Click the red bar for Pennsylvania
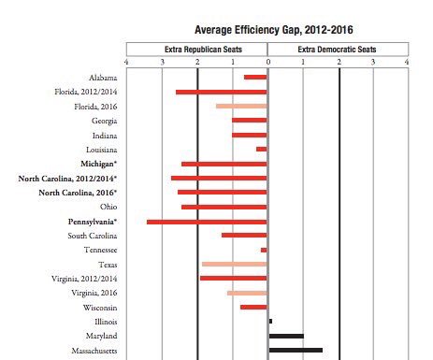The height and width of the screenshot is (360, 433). point(207,222)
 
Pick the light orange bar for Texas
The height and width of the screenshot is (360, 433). point(234,265)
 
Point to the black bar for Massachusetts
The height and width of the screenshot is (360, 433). point(296,350)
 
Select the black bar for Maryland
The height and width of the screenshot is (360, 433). point(286,336)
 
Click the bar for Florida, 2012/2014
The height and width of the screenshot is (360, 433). point(221,92)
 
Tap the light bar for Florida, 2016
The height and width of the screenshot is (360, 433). point(241,107)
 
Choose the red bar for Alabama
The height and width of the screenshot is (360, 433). point(255,77)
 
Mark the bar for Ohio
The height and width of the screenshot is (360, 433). point(224,207)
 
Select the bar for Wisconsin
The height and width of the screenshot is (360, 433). point(253,307)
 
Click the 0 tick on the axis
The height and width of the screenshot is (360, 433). point(267,63)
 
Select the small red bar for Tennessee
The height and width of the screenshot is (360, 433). point(264,250)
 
